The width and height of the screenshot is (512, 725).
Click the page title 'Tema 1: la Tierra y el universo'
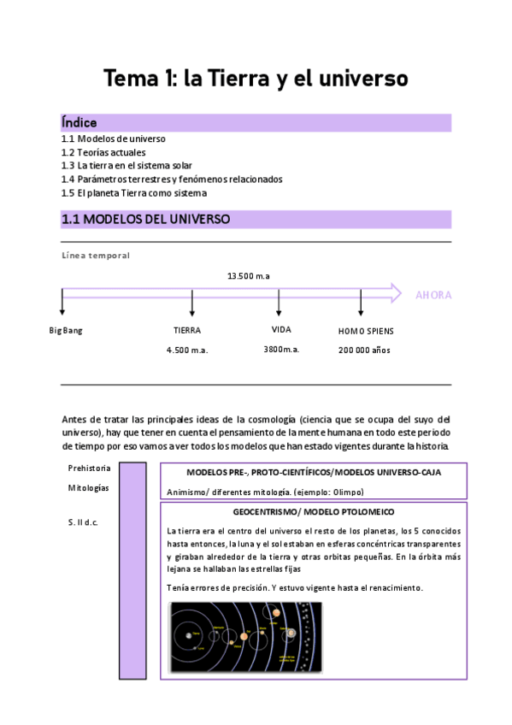256,79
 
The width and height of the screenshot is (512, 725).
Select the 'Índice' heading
79,123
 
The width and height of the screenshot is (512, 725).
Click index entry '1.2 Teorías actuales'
104,152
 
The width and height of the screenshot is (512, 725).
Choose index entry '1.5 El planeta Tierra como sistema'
133,193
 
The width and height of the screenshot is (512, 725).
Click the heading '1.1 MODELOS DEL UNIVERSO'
145,220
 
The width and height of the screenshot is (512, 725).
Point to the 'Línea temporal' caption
96,256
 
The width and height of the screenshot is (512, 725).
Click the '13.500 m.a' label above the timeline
249,275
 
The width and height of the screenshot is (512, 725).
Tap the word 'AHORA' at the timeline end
433,296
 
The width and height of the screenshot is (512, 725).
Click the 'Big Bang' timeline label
66,330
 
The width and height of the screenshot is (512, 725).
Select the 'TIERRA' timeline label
187,330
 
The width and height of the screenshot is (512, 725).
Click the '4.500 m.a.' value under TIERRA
187,350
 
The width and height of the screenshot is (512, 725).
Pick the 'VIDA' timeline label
281,329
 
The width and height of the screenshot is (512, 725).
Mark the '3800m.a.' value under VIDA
281,350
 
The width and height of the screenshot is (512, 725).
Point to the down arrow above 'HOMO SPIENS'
361,303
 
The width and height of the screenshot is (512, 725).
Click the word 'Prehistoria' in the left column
88,468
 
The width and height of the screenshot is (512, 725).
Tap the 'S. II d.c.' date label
83,522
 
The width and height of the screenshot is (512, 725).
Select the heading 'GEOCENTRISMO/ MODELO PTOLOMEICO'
313,511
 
